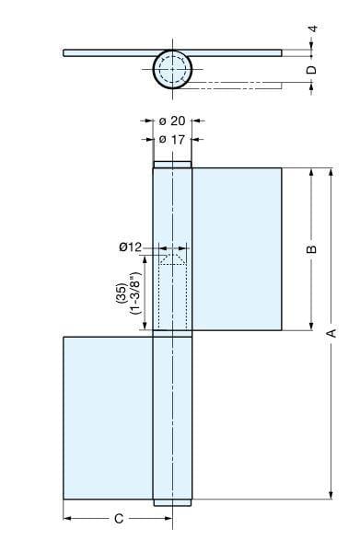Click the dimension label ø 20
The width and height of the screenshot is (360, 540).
point(172,121)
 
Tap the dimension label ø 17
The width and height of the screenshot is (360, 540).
point(172,139)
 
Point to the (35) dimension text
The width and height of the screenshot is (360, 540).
point(122,294)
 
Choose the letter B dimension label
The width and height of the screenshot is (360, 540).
point(311,248)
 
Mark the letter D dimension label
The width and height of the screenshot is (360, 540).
point(312,69)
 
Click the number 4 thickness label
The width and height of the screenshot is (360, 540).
point(312,29)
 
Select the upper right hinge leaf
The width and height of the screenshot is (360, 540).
point(236,248)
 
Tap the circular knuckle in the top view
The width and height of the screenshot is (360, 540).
point(172,68)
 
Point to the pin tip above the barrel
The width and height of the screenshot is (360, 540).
point(172,166)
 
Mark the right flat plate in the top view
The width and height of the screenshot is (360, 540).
point(236,52)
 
